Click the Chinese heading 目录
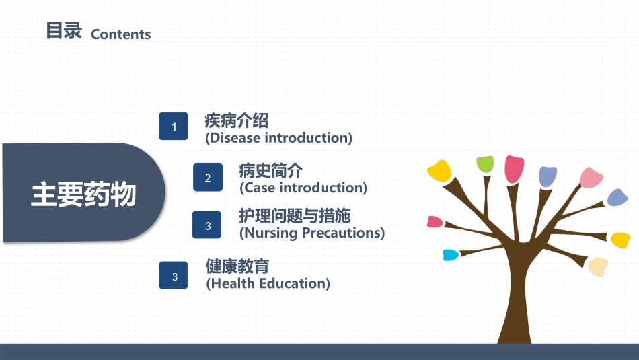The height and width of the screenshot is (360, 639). [x=64, y=30]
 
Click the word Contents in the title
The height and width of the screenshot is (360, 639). [x=121, y=34]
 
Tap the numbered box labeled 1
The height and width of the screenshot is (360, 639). [x=174, y=127]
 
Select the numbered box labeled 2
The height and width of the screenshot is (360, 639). [x=208, y=178]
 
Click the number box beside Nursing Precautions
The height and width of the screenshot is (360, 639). [x=207, y=225]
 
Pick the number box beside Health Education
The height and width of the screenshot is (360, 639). [x=174, y=276]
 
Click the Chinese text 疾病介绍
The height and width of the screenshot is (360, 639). [x=236, y=120]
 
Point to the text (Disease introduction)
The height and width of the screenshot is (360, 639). [x=278, y=138]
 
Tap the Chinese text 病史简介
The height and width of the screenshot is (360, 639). [x=270, y=170]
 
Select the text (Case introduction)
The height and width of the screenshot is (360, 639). [x=303, y=188]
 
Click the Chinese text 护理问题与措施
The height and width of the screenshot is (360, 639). [x=295, y=216]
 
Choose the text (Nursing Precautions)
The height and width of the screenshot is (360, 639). [x=312, y=233]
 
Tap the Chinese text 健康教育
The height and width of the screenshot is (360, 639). [x=237, y=266]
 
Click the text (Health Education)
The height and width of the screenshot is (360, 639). [x=268, y=283]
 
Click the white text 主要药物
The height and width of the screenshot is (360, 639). [x=83, y=194]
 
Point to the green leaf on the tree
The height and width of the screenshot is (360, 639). [x=485, y=164]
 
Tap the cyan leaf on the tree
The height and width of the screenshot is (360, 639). [x=451, y=255]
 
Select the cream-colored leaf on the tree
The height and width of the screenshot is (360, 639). [x=598, y=266]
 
